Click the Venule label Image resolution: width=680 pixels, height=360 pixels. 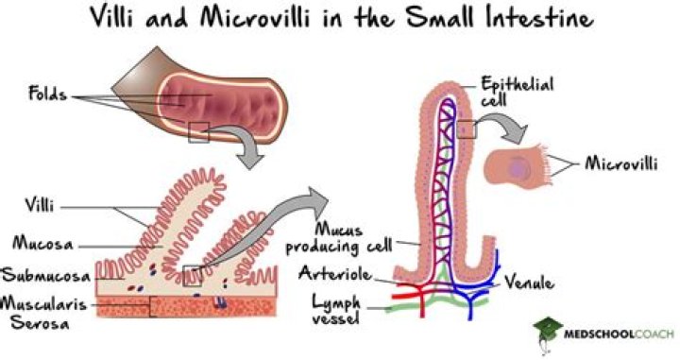coord(528,282)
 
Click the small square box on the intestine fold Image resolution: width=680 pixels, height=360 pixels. coord(198,131)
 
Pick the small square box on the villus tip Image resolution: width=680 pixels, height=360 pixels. coord(467,128)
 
